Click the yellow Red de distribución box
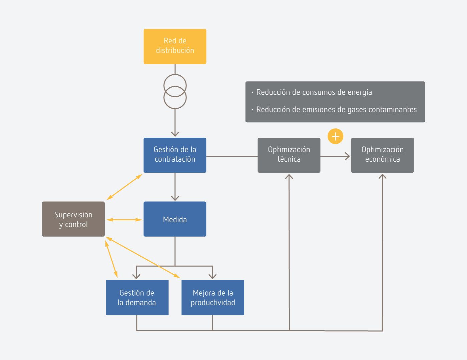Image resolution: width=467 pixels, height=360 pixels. pyautogui.click(x=175, y=46)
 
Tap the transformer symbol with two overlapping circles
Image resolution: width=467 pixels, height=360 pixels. pyautogui.click(x=175, y=92)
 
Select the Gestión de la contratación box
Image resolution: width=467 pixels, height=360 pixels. pyautogui.click(x=175, y=155)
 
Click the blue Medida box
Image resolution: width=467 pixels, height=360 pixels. pyautogui.click(x=175, y=219)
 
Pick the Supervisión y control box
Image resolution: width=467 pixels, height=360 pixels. pyautogui.click(x=73, y=219)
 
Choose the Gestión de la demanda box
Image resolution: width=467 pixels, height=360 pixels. pyautogui.click(x=137, y=297)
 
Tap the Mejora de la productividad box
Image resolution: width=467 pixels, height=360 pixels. pyautogui.click(x=213, y=297)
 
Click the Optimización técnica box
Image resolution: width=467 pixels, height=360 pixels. pyautogui.click(x=289, y=155)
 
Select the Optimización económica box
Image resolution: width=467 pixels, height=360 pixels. pyautogui.click(x=382, y=155)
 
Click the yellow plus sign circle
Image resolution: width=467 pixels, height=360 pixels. pyautogui.click(x=335, y=136)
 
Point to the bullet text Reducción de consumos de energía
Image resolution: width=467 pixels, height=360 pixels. pyautogui.click(x=314, y=92)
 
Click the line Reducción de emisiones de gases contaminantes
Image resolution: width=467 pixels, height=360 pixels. pyautogui.click(x=336, y=110)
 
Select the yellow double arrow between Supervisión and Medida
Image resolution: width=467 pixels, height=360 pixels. pyautogui.click(x=124, y=220)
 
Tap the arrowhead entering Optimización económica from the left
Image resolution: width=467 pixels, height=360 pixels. pyautogui.click(x=348, y=156)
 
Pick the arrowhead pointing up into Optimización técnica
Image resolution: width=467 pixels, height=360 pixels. pyautogui.click(x=289, y=176)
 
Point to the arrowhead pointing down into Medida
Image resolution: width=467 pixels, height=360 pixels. pyautogui.click(x=175, y=198)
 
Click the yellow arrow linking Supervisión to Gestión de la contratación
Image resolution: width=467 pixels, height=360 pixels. pyautogui.click(x=124, y=187)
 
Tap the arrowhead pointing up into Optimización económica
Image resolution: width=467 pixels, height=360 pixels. pyautogui.click(x=382, y=176)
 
